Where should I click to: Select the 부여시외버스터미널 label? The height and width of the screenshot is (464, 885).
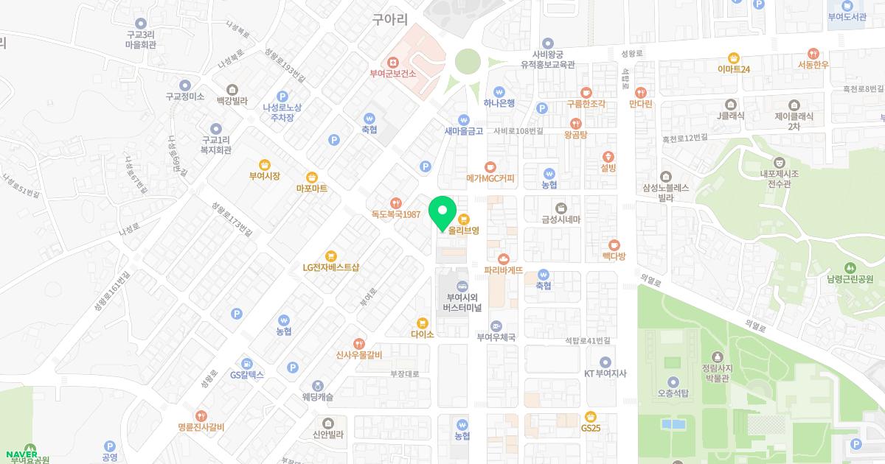462,302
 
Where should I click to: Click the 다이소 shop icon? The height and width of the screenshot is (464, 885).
423,322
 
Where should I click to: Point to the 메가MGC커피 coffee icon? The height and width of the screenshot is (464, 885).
490,166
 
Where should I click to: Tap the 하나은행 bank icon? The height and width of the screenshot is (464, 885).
499,91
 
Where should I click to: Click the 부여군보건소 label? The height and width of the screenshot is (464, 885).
393,74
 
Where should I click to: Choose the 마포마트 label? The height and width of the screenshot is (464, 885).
311,189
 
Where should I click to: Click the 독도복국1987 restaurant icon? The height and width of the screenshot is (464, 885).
396,203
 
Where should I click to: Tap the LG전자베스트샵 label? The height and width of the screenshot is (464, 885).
330,267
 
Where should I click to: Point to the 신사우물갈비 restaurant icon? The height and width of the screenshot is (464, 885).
358,343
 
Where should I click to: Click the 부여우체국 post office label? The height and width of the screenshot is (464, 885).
496,337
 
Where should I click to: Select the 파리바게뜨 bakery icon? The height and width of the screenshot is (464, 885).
504,259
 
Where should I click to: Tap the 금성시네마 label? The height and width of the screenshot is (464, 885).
561,219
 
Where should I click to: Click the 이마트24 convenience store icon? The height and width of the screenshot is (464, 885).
733,57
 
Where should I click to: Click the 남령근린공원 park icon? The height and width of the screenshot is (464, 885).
850,267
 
